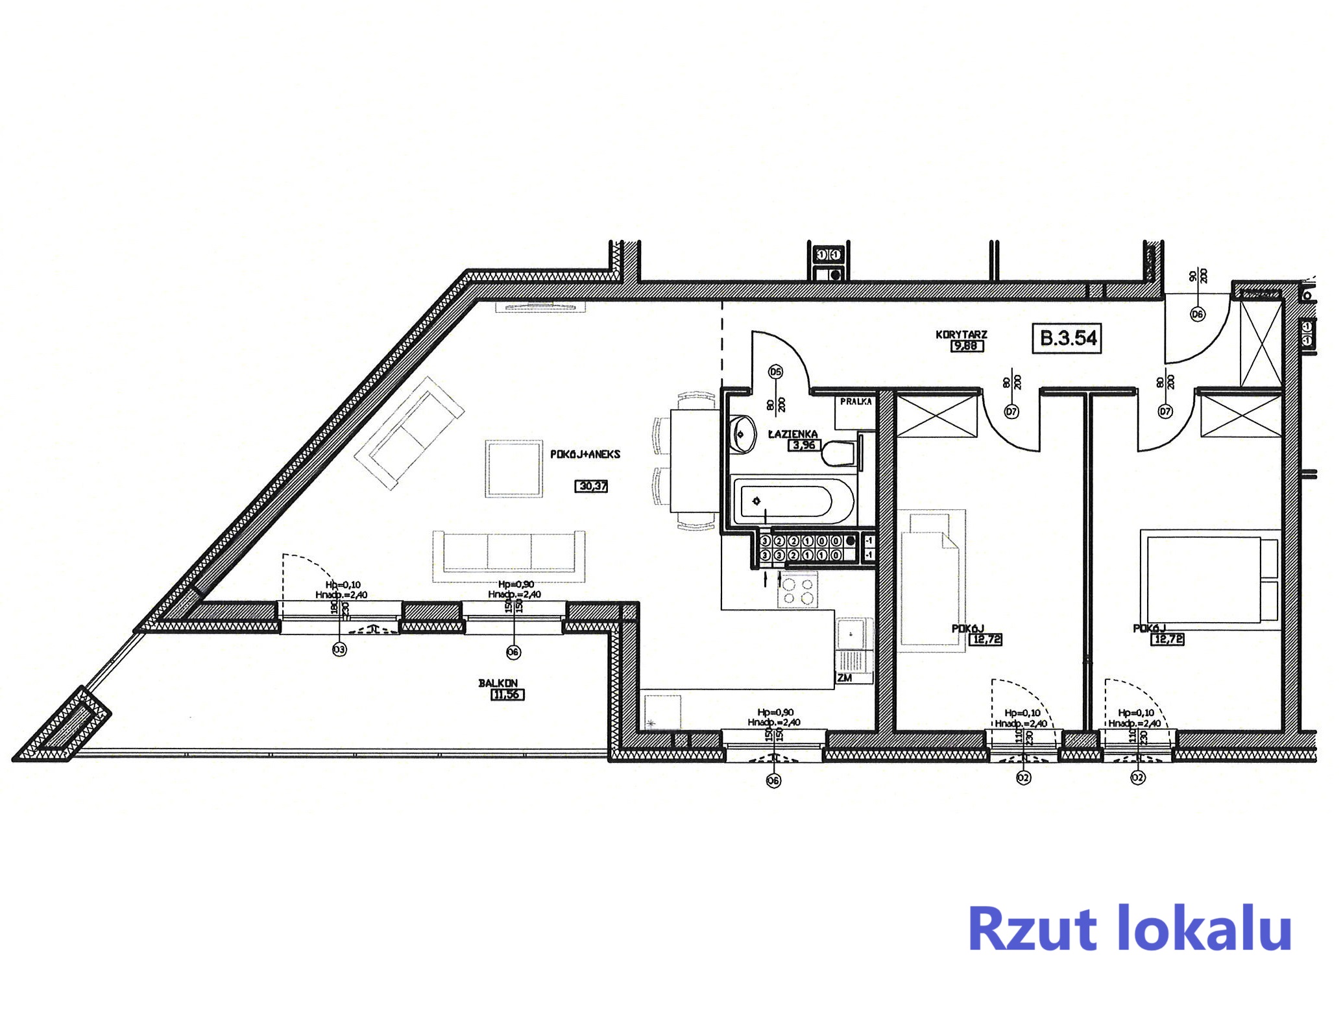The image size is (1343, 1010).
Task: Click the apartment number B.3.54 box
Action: point(1067,338)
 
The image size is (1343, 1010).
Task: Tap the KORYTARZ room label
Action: point(961,335)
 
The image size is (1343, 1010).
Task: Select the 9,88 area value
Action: point(965,346)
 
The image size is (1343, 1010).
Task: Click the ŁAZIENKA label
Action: point(793,434)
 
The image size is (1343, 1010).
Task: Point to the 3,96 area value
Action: point(804,445)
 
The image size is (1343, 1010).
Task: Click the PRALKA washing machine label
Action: point(856,402)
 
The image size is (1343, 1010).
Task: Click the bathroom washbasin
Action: point(742,433)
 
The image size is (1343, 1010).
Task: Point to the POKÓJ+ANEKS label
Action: point(585,455)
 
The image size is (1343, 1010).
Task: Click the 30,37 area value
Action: point(592,486)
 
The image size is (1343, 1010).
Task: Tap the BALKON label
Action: point(498,683)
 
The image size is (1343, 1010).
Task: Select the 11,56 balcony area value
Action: point(507,695)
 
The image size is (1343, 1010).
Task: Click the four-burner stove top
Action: point(797,591)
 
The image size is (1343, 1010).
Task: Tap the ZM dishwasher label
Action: point(844,678)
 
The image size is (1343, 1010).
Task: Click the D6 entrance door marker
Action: point(1197,315)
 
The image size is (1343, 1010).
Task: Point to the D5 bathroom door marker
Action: point(775,372)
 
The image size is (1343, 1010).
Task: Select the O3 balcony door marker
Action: point(339,649)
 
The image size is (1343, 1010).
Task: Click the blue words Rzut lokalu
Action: point(1129,930)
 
